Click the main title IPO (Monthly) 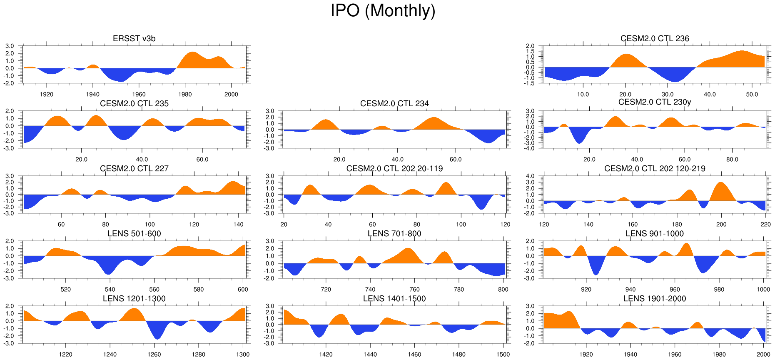[x=383, y=11]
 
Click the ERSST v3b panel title [x=134, y=39]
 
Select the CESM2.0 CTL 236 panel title [x=655, y=39]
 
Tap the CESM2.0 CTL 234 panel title [x=394, y=104]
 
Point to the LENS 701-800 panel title [x=394, y=234]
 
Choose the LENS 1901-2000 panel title [x=655, y=299]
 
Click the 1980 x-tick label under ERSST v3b [x=185, y=95]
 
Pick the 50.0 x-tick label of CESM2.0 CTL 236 [x=752, y=95]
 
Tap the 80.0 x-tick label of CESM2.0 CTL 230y [x=732, y=160]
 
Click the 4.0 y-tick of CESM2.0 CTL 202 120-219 [x=530, y=176]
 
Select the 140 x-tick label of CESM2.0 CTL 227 [x=239, y=225]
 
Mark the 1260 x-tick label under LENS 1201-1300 [x=154, y=355]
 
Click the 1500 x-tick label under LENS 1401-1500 [x=503, y=355]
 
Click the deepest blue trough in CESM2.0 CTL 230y [x=580, y=142]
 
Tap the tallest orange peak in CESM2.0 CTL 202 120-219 [x=721, y=184]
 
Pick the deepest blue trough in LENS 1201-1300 [x=157, y=337]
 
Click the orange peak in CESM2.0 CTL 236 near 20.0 [x=626, y=55]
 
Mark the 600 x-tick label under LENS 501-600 [x=243, y=290]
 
